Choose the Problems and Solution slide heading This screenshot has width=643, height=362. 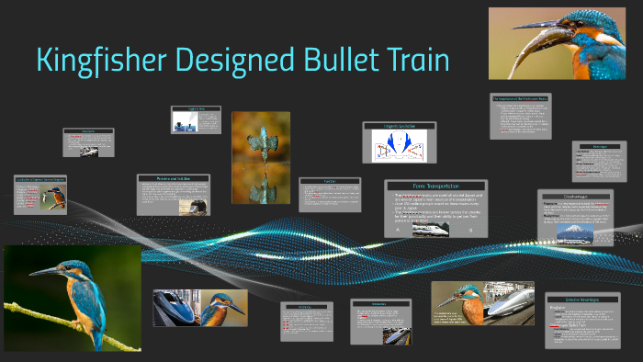pos(173,178)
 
